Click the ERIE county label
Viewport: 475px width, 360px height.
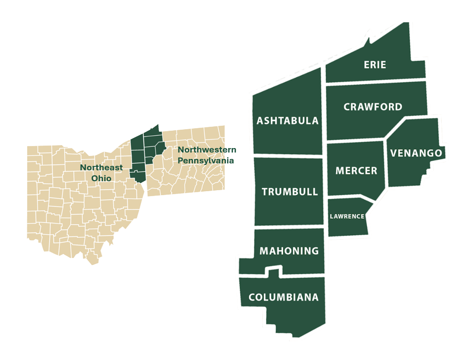pyautogui.click(x=375, y=65)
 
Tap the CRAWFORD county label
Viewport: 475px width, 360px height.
pyautogui.click(x=373, y=107)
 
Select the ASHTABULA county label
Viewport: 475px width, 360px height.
pyautogui.click(x=287, y=121)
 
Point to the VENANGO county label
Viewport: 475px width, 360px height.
pyautogui.click(x=416, y=153)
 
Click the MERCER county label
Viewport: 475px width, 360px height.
pyautogui.click(x=356, y=171)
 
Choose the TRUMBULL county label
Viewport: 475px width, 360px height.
pyautogui.click(x=289, y=192)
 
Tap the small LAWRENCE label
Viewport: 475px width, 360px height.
pyautogui.click(x=347, y=216)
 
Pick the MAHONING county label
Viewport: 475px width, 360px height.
pyautogui.click(x=289, y=251)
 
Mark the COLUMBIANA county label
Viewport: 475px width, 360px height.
pyautogui.click(x=283, y=298)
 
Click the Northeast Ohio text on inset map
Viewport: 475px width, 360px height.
pyautogui.click(x=101, y=173)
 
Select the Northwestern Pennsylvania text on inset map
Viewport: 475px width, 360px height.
pyautogui.click(x=206, y=155)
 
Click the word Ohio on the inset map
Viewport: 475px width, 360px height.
pyautogui.click(x=101, y=178)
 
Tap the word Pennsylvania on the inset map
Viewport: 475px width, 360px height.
pyautogui.click(x=205, y=161)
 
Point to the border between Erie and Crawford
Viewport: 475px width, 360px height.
pyautogui.click(x=376, y=82)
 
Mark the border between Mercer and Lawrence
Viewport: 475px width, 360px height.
pyautogui.click(x=349, y=197)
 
